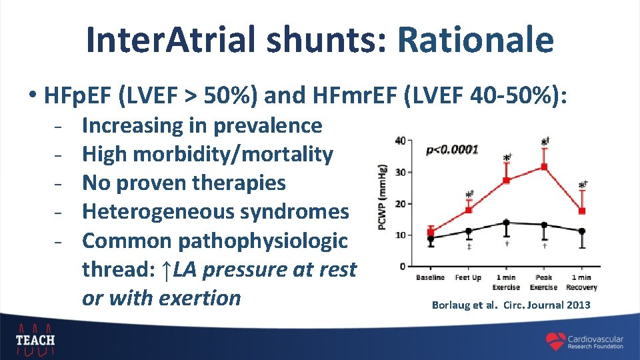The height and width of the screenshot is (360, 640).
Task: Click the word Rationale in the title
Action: [475, 39]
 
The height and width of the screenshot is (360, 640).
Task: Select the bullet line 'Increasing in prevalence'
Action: [202, 125]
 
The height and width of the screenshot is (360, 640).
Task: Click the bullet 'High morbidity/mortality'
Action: [207, 154]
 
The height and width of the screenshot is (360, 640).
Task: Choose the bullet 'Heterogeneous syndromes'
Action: [215, 211]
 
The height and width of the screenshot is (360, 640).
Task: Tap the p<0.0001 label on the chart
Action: [452, 149]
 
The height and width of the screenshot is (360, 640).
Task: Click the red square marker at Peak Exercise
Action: [544, 167]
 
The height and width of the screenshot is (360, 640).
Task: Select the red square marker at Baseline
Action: [430, 232]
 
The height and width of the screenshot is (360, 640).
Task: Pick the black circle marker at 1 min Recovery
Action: [582, 231]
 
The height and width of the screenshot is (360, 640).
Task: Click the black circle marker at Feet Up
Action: [468, 231]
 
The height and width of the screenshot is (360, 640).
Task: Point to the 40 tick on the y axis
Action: [400, 141]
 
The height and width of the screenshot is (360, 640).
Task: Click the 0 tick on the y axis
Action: [402, 267]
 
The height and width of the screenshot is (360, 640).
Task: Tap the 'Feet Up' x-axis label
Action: [468, 277]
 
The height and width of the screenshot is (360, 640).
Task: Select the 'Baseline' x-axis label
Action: [430, 277]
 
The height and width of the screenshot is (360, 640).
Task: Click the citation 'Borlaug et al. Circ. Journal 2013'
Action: [511, 305]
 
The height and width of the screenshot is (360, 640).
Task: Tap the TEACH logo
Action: [35, 337]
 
